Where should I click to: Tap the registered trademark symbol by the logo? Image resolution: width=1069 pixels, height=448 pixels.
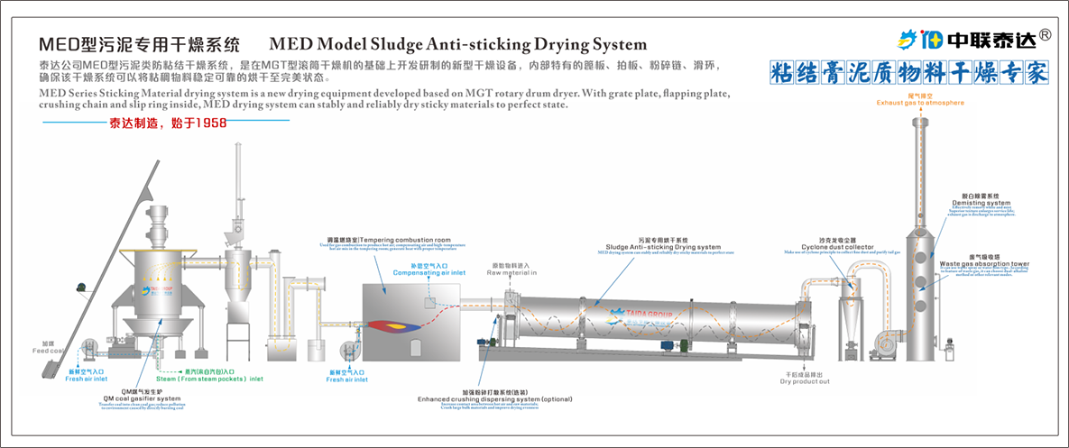pyautogui.click(x=1044, y=35)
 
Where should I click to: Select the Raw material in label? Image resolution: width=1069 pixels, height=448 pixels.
pyautogui.click(x=513, y=272)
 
